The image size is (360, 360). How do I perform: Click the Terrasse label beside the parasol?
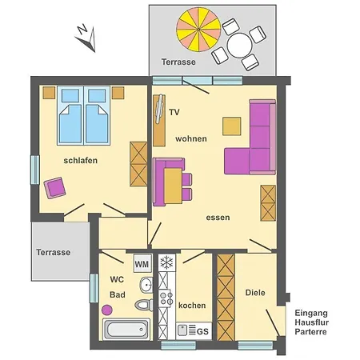[178, 62]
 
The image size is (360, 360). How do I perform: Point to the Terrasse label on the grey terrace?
[53, 252]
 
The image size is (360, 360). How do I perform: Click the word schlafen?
[81, 160]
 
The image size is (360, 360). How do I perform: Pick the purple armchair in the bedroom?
[56, 188]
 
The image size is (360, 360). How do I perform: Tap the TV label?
[174, 113]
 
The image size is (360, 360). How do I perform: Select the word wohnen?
[191, 138]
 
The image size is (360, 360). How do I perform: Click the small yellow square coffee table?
[232, 126]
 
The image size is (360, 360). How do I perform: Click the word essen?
[218, 217]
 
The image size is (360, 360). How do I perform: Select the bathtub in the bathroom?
[126, 328]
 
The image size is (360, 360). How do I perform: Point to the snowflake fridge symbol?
[167, 262]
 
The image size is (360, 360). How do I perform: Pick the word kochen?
[192, 306]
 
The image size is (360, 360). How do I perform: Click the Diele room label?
[255, 293]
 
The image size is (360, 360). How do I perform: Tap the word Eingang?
[311, 313]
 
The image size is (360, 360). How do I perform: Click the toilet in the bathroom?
[144, 304]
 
